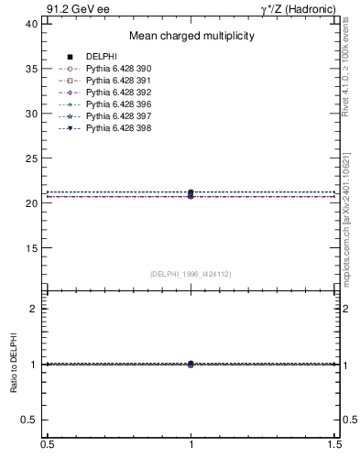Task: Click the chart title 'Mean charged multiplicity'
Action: (191, 37)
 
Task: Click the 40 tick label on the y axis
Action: (32, 24)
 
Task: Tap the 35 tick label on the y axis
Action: (32, 69)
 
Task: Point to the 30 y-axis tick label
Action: (32, 114)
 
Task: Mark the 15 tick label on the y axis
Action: (32, 248)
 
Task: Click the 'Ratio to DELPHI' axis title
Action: (15, 364)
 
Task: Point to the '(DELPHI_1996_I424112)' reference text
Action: (191, 273)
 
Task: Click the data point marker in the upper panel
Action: (191, 193)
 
